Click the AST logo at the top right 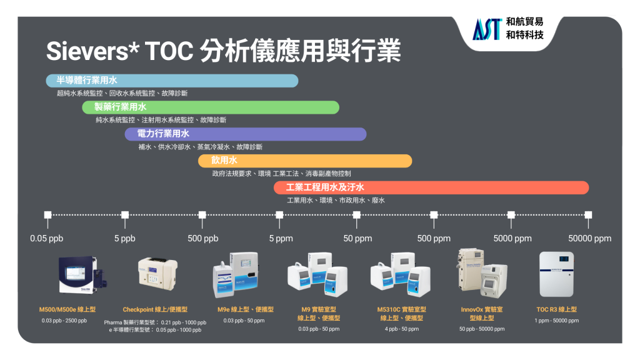486,29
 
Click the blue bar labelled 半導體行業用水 172,81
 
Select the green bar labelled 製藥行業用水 211,107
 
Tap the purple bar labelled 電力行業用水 245,134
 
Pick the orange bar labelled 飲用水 305,161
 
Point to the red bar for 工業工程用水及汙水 431,187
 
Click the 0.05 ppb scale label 46,238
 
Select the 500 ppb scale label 203,238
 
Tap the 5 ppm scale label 281,238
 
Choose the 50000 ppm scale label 590,238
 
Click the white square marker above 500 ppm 434,215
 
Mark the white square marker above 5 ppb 125,215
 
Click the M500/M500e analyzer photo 82,274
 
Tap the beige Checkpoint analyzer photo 158,274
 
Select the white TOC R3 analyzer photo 556,274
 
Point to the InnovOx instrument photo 482,273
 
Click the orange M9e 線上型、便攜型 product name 245,309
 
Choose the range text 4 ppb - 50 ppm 402,329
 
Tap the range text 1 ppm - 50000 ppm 557,321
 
